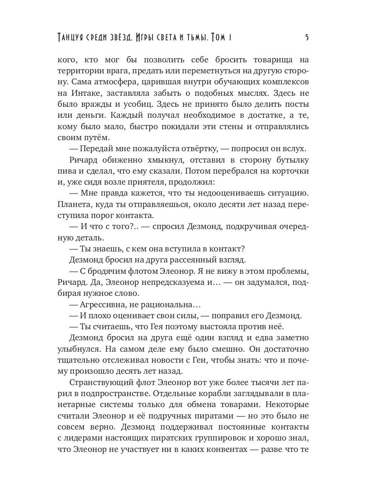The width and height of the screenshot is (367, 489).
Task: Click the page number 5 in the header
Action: click(306, 38)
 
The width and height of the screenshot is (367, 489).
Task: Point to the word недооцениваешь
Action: click(208, 203)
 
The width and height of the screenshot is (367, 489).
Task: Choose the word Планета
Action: click(74, 214)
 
